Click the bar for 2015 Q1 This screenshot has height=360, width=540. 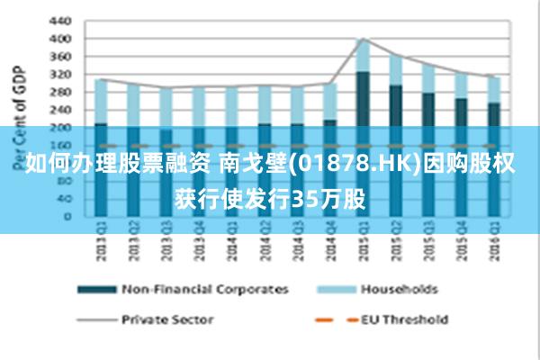(x=363, y=126)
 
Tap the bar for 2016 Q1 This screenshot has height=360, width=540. (x=493, y=144)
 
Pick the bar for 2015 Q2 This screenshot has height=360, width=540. (x=395, y=135)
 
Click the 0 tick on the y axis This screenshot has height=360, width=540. (x=67, y=216)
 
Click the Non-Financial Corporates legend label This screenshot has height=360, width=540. (x=205, y=289)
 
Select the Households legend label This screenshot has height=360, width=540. (x=399, y=289)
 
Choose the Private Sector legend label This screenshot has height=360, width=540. (x=167, y=319)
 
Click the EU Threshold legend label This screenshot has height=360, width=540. (x=404, y=319)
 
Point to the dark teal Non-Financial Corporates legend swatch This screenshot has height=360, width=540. (x=98, y=289)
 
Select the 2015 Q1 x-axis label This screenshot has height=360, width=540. (x=363, y=243)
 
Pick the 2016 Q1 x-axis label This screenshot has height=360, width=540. (x=493, y=243)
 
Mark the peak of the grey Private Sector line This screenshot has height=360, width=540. (x=363, y=39)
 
